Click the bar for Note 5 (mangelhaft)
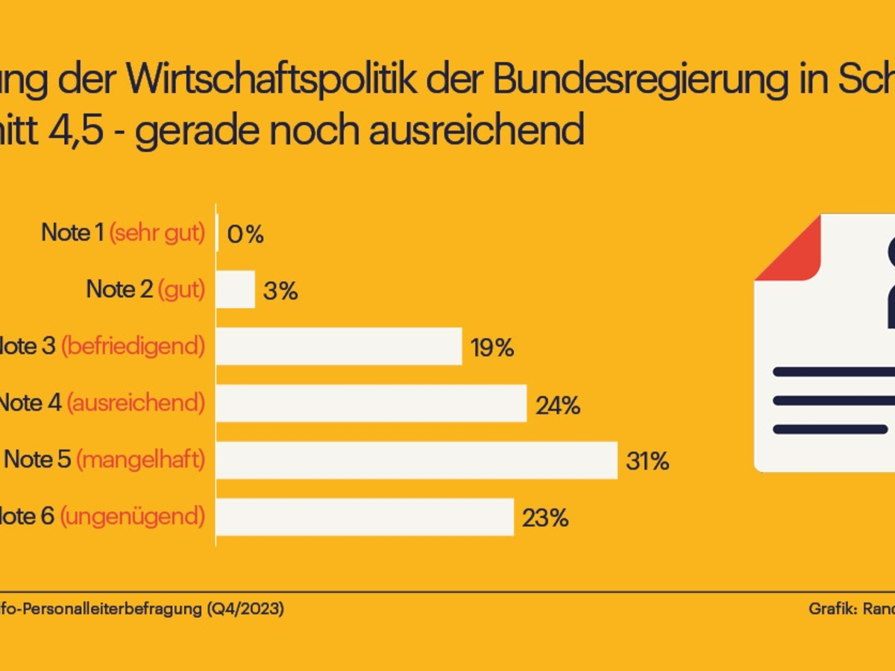[x=416, y=460]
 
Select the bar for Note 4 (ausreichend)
[x=371, y=403]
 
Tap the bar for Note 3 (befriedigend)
[x=339, y=347]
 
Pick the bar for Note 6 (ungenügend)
[x=365, y=517]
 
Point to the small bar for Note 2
[x=236, y=290]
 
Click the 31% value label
[x=647, y=461]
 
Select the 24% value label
[x=558, y=405]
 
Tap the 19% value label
[x=492, y=348]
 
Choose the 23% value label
[x=545, y=518]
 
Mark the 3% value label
[x=280, y=292]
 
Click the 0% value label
[x=245, y=235]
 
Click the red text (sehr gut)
[x=157, y=233]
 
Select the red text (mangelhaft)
[x=140, y=460]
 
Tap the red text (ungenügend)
[x=132, y=517]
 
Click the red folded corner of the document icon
[x=791, y=249]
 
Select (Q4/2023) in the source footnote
[x=245, y=609]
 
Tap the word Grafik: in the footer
[x=832, y=609]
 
